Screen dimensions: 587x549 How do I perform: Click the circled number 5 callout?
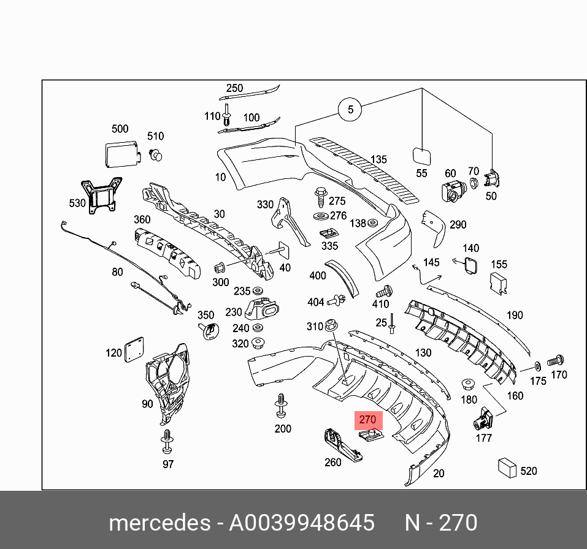click(x=350, y=110)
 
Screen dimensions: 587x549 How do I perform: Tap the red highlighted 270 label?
click(x=367, y=420)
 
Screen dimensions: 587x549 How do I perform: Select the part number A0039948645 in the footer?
click(x=301, y=523)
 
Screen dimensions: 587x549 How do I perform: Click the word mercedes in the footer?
click(x=159, y=523)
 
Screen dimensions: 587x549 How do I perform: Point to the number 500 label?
click(x=120, y=129)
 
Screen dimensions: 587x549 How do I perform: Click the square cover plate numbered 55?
click(x=421, y=154)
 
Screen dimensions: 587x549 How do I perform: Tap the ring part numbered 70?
click(x=474, y=183)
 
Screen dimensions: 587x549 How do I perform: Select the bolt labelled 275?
click(x=320, y=197)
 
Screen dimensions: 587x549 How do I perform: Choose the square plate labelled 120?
click(x=133, y=350)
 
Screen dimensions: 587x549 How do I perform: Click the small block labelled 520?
click(x=507, y=468)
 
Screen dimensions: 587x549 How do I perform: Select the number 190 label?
click(x=515, y=315)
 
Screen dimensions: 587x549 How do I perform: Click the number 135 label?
click(x=378, y=159)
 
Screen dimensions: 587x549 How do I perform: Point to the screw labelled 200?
click(x=282, y=405)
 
